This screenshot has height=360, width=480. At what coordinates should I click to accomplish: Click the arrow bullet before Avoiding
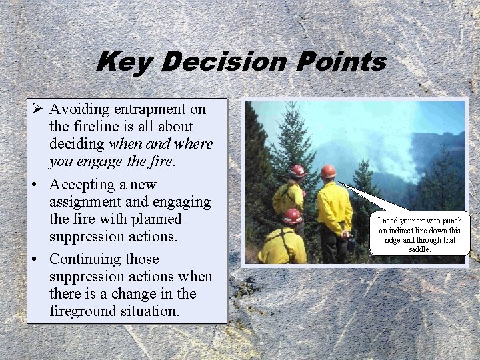click(x=37, y=109)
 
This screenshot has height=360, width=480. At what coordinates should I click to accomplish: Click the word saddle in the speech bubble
click(x=419, y=249)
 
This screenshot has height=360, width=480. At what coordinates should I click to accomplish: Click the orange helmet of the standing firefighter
click(x=328, y=171)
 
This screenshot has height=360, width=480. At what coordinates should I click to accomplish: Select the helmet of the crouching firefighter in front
click(x=291, y=216)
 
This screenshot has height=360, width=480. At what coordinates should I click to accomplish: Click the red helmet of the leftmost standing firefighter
click(x=297, y=171)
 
